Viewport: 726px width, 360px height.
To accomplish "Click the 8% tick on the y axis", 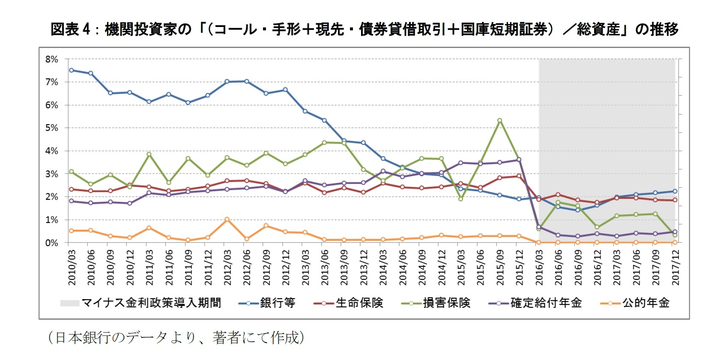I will [52, 59].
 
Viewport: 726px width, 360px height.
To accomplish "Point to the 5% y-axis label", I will [52, 128].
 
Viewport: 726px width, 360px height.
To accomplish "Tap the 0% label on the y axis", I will [52, 243].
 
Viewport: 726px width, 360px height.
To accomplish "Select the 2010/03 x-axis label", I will [72, 267].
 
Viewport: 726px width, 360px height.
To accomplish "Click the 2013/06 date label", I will [325, 267].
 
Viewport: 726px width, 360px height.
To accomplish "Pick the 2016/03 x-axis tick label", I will [539, 267].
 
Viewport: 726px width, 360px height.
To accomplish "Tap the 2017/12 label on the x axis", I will [675, 267].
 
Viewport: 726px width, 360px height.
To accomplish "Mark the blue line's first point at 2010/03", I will [71, 70].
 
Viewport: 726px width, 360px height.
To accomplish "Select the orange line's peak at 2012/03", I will [227, 219].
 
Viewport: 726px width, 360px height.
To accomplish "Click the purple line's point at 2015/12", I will [519, 159].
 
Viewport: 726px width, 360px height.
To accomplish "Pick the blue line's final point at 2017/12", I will [675, 191].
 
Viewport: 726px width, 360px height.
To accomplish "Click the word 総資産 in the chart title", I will [598, 29].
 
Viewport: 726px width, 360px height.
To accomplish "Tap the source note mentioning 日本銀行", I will [176, 338].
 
